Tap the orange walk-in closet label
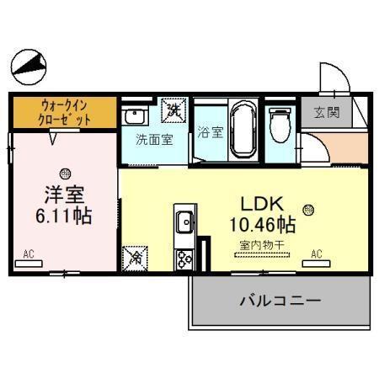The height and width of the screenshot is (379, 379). [63, 113]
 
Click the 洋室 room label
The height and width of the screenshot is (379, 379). [63, 193]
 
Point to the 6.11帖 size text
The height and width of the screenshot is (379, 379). [64, 215]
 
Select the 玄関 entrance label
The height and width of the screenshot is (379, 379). [327, 113]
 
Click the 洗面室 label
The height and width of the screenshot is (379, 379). [155, 139]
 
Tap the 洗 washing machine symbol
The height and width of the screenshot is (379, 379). [174, 109]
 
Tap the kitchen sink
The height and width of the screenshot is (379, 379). [184, 224]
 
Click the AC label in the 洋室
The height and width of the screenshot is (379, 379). [29, 254]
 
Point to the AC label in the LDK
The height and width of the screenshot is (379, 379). [317, 254]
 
